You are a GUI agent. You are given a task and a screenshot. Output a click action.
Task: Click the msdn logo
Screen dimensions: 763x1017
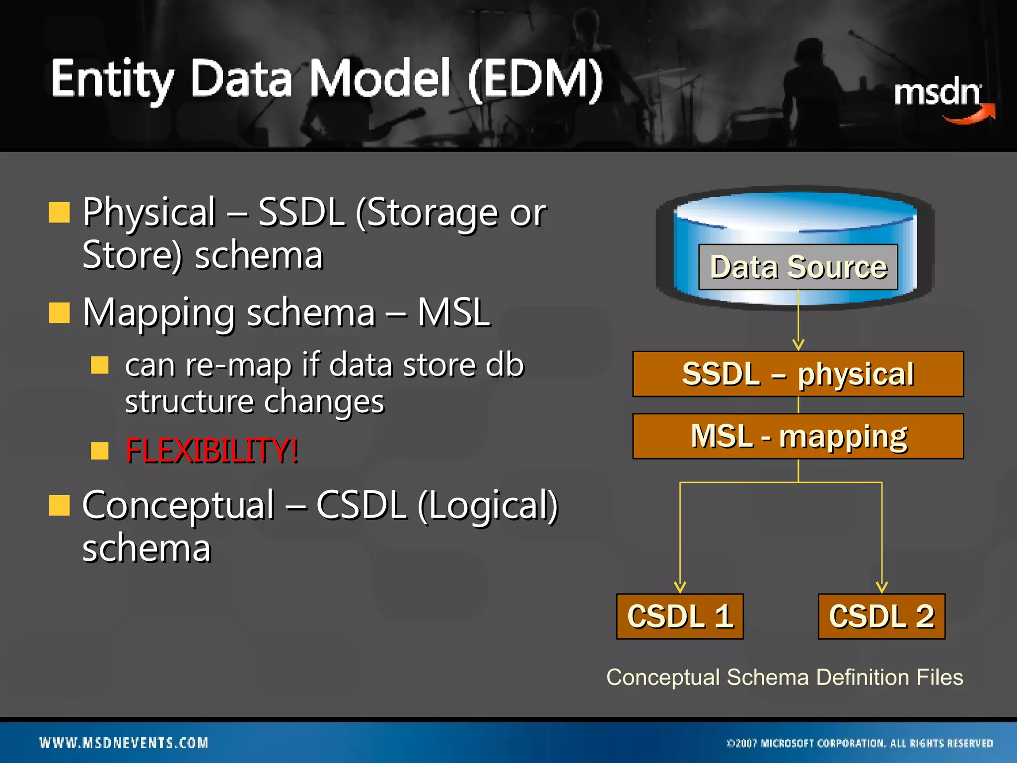click(941, 97)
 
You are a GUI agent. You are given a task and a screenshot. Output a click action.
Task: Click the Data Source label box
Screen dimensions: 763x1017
click(798, 267)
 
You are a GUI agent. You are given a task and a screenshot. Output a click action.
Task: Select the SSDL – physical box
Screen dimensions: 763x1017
click(798, 374)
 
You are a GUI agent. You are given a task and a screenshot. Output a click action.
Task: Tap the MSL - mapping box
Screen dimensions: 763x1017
click(798, 436)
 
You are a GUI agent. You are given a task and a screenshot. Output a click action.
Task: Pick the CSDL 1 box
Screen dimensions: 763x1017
click(680, 616)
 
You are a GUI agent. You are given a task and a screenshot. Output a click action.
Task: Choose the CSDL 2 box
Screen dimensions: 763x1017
click(881, 616)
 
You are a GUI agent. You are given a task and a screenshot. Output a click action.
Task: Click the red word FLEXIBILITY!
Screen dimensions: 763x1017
click(212, 451)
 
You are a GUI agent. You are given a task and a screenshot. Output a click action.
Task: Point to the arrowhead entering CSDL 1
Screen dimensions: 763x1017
click(680, 588)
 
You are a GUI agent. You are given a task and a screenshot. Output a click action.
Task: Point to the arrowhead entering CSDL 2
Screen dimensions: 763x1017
click(881, 588)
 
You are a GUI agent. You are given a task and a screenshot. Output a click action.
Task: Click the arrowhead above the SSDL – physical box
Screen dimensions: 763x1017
click(798, 345)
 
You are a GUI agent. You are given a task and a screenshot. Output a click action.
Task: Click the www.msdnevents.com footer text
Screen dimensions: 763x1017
click(124, 743)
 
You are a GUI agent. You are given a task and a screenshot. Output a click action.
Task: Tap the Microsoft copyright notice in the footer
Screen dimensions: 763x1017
click(860, 743)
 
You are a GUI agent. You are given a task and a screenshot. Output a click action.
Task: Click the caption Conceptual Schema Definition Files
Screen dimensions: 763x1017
click(785, 678)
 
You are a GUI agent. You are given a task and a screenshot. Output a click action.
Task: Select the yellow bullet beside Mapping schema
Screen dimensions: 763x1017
click(59, 313)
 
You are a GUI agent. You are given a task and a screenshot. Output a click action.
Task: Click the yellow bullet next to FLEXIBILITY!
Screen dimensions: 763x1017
click(100, 451)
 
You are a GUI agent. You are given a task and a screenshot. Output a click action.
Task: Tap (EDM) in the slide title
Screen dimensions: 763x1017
click(535, 79)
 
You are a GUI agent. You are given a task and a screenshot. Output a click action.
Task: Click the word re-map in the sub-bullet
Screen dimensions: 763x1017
click(238, 365)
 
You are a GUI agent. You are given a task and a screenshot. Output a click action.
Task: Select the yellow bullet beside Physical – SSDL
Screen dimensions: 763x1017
click(59, 212)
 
